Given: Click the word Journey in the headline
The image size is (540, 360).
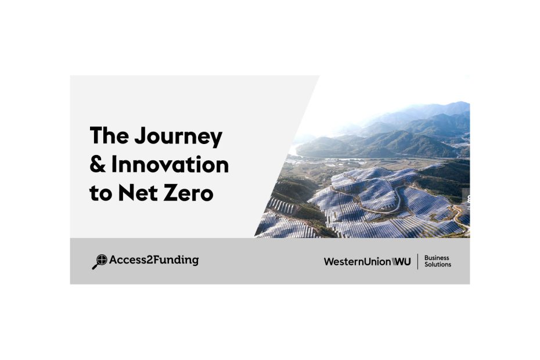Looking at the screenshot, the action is pyautogui.click(x=178, y=137).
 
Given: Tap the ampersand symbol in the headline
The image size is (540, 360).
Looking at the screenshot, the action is pyautogui.click(x=98, y=164).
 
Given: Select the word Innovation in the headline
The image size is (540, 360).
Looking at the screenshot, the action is pyautogui.click(x=170, y=164).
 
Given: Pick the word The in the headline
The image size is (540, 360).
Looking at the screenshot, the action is pyautogui.click(x=109, y=135).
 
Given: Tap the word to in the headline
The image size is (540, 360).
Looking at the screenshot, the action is pyautogui.click(x=100, y=193).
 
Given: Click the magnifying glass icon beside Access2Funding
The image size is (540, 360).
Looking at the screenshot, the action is pyautogui.click(x=99, y=262).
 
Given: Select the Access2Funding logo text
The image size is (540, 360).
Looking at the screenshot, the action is pyautogui.click(x=154, y=260).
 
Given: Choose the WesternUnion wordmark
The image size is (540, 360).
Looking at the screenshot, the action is pyautogui.click(x=357, y=262).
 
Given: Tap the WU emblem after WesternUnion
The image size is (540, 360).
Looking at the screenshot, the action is pyautogui.click(x=401, y=262).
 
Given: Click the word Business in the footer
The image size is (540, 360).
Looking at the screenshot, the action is pyautogui.click(x=437, y=258).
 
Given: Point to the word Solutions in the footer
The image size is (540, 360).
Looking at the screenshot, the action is pyautogui.click(x=438, y=265).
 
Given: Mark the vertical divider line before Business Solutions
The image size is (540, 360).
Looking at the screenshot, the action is pyautogui.click(x=417, y=261).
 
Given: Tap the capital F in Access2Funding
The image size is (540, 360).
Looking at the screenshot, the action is pyautogui.click(x=157, y=260).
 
